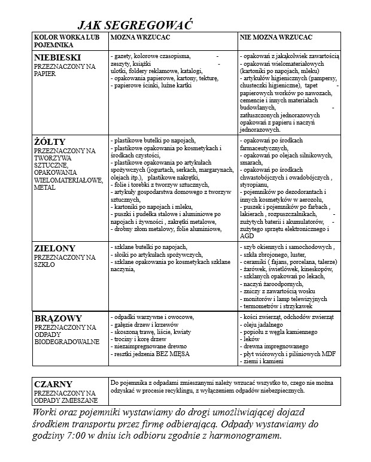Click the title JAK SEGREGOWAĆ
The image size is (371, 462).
click(134, 26)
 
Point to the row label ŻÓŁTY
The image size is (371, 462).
click(50, 142)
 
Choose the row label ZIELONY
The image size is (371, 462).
click(54, 248)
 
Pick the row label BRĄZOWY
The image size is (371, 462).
click(58, 318)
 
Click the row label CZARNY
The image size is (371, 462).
click(53, 384)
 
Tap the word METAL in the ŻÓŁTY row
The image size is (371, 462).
click(45, 187)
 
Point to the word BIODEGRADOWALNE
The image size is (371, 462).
click(66, 342)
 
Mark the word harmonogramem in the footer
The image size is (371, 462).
click(243, 436)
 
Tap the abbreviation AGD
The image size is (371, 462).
click(246, 235)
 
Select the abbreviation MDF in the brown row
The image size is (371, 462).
click(328, 354)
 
